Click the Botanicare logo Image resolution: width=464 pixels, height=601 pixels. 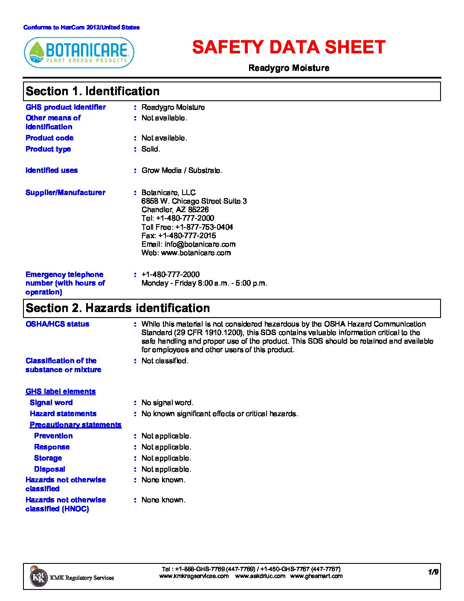[x=79, y=53]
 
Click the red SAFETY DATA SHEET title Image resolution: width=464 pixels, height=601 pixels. [x=289, y=47]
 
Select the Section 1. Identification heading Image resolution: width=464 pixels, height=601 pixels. [x=93, y=91]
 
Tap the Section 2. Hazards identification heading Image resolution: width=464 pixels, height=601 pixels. [x=118, y=308]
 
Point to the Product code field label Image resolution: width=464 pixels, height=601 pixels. [x=49, y=138]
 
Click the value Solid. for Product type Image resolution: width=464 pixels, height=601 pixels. [x=151, y=149]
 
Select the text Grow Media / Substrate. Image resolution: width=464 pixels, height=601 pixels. [x=182, y=170]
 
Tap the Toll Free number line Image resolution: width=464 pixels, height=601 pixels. [x=187, y=227]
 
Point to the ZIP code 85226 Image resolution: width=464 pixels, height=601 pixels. [x=198, y=210]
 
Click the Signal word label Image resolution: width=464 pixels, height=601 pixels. [x=51, y=403]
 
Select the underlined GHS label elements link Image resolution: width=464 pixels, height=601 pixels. [x=61, y=391]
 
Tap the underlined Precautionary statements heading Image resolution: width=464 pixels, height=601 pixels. [x=75, y=425]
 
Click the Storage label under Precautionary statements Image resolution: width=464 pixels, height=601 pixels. [x=48, y=458]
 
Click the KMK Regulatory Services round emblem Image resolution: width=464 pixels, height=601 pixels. [x=38, y=577]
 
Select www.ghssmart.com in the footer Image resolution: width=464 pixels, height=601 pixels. [x=316, y=576]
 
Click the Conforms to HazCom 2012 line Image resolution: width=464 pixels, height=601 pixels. [x=81, y=27]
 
